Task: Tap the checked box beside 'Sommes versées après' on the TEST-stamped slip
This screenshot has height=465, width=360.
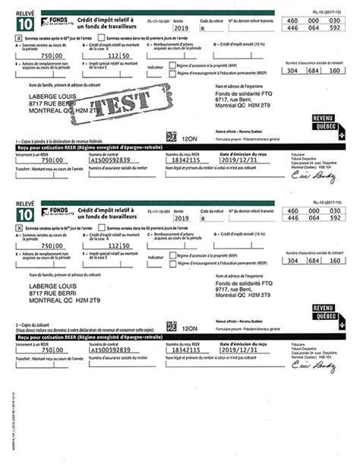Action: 19,36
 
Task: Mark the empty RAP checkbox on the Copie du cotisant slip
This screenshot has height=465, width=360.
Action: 172,256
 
